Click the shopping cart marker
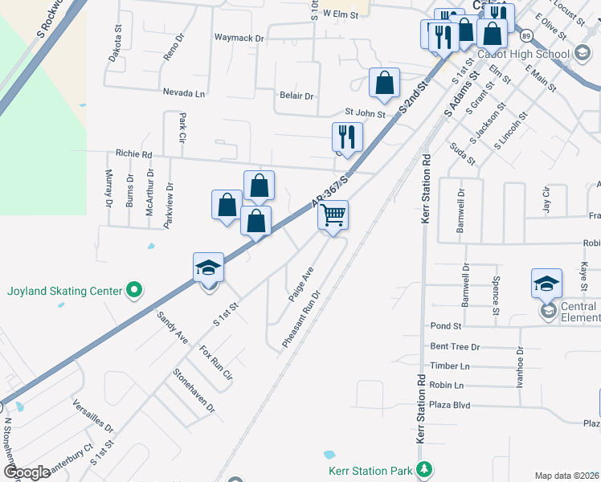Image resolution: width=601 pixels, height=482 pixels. pyautogui.click(x=333, y=215)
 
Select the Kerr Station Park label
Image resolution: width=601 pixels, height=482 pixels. pyautogui.click(x=370, y=470)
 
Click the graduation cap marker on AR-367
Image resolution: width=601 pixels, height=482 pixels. pyautogui.click(x=208, y=268)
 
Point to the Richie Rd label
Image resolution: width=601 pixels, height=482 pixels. pyautogui.click(x=133, y=153)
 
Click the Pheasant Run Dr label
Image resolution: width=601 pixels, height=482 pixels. pyautogui.click(x=301, y=319)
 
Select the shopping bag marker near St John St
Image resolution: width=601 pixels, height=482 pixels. pyautogui.click(x=385, y=83)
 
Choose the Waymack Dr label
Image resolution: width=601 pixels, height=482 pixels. pyautogui.click(x=239, y=38)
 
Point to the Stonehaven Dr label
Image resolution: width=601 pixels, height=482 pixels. pyautogui.click(x=194, y=390)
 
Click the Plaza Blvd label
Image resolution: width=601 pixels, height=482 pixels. pyautogui.click(x=450, y=405)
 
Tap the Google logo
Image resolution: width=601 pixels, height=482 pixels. pyautogui.click(x=27, y=472)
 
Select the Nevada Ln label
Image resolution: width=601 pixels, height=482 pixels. pyautogui.click(x=184, y=93)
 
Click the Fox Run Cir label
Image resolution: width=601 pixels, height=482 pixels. pyautogui.click(x=215, y=363)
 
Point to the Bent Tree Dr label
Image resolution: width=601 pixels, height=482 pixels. pyautogui.click(x=455, y=347)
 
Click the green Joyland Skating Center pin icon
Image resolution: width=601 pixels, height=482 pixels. pyautogui.click(x=135, y=290)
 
